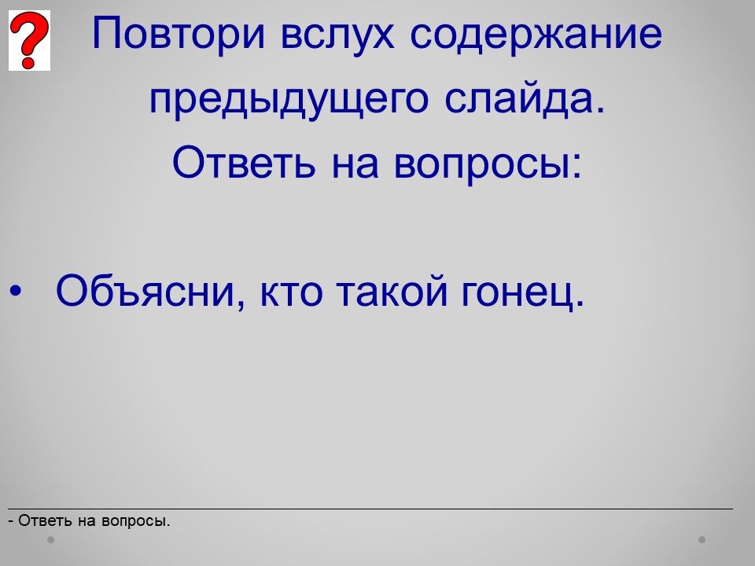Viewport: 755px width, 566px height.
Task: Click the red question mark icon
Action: pyautogui.click(x=29, y=40)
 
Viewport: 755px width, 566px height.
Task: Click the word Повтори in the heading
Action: pyautogui.click(x=179, y=34)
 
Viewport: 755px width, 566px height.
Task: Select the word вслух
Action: pyautogui.click(x=337, y=35)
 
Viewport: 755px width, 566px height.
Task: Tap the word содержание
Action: pyautogui.click(x=536, y=34)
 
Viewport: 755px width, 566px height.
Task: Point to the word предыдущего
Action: pyautogui.click(x=289, y=100)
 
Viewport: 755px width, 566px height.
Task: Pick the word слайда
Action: pyautogui.click(x=525, y=98)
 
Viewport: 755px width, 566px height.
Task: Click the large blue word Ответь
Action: pyautogui.click(x=244, y=162)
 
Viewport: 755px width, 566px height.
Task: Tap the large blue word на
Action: pyautogui.click(x=355, y=165)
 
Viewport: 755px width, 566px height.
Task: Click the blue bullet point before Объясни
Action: pyautogui.click(x=16, y=291)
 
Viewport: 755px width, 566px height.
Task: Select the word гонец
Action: pyautogui.click(x=523, y=293)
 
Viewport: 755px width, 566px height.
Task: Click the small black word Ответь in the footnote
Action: pyautogui.click(x=46, y=520)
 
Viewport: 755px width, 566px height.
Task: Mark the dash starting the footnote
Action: pyautogui.click(x=10, y=521)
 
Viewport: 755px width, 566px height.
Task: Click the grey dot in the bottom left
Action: pyautogui.click(x=50, y=539)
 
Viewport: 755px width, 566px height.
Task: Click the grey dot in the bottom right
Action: pyautogui.click(x=702, y=539)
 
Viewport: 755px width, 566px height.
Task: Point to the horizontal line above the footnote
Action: pyautogui.click(x=370, y=509)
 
